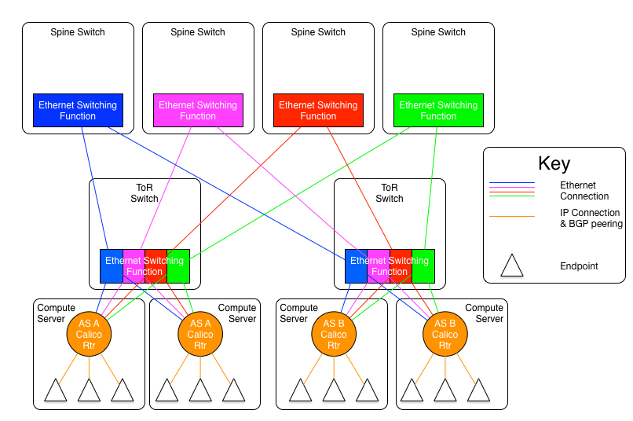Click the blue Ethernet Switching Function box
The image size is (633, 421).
click(78, 111)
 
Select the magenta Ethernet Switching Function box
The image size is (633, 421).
click(198, 111)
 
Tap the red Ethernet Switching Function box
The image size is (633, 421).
click(318, 111)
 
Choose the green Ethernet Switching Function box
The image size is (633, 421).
click(438, 111)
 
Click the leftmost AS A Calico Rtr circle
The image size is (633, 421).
click(89, 334)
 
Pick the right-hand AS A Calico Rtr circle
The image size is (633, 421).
click(200, 334)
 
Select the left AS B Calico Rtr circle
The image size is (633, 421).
click(334, 334)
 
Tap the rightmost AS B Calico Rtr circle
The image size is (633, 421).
click(445, 334)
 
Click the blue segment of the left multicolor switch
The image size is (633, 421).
click(112, 266)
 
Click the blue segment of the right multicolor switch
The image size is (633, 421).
click(357, 266)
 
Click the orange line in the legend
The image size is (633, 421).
click(512, 216)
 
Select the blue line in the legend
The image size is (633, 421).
click(512, 183)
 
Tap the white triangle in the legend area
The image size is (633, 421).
click(512, 267)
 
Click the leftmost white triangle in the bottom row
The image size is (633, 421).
click(56, 392)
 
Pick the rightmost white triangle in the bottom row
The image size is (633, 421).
click(478, 392)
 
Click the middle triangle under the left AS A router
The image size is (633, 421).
click(89, 392)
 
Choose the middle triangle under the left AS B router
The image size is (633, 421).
click(334, 392)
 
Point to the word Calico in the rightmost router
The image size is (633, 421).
click(445, 335)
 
